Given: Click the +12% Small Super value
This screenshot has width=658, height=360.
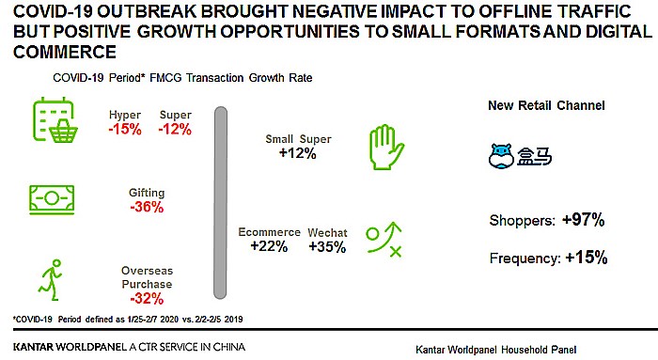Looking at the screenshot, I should [x=297, y=154].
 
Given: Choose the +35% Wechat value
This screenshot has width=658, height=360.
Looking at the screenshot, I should [x=327, y=246].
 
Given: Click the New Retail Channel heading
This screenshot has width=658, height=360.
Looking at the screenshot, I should [x=546, y=105].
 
